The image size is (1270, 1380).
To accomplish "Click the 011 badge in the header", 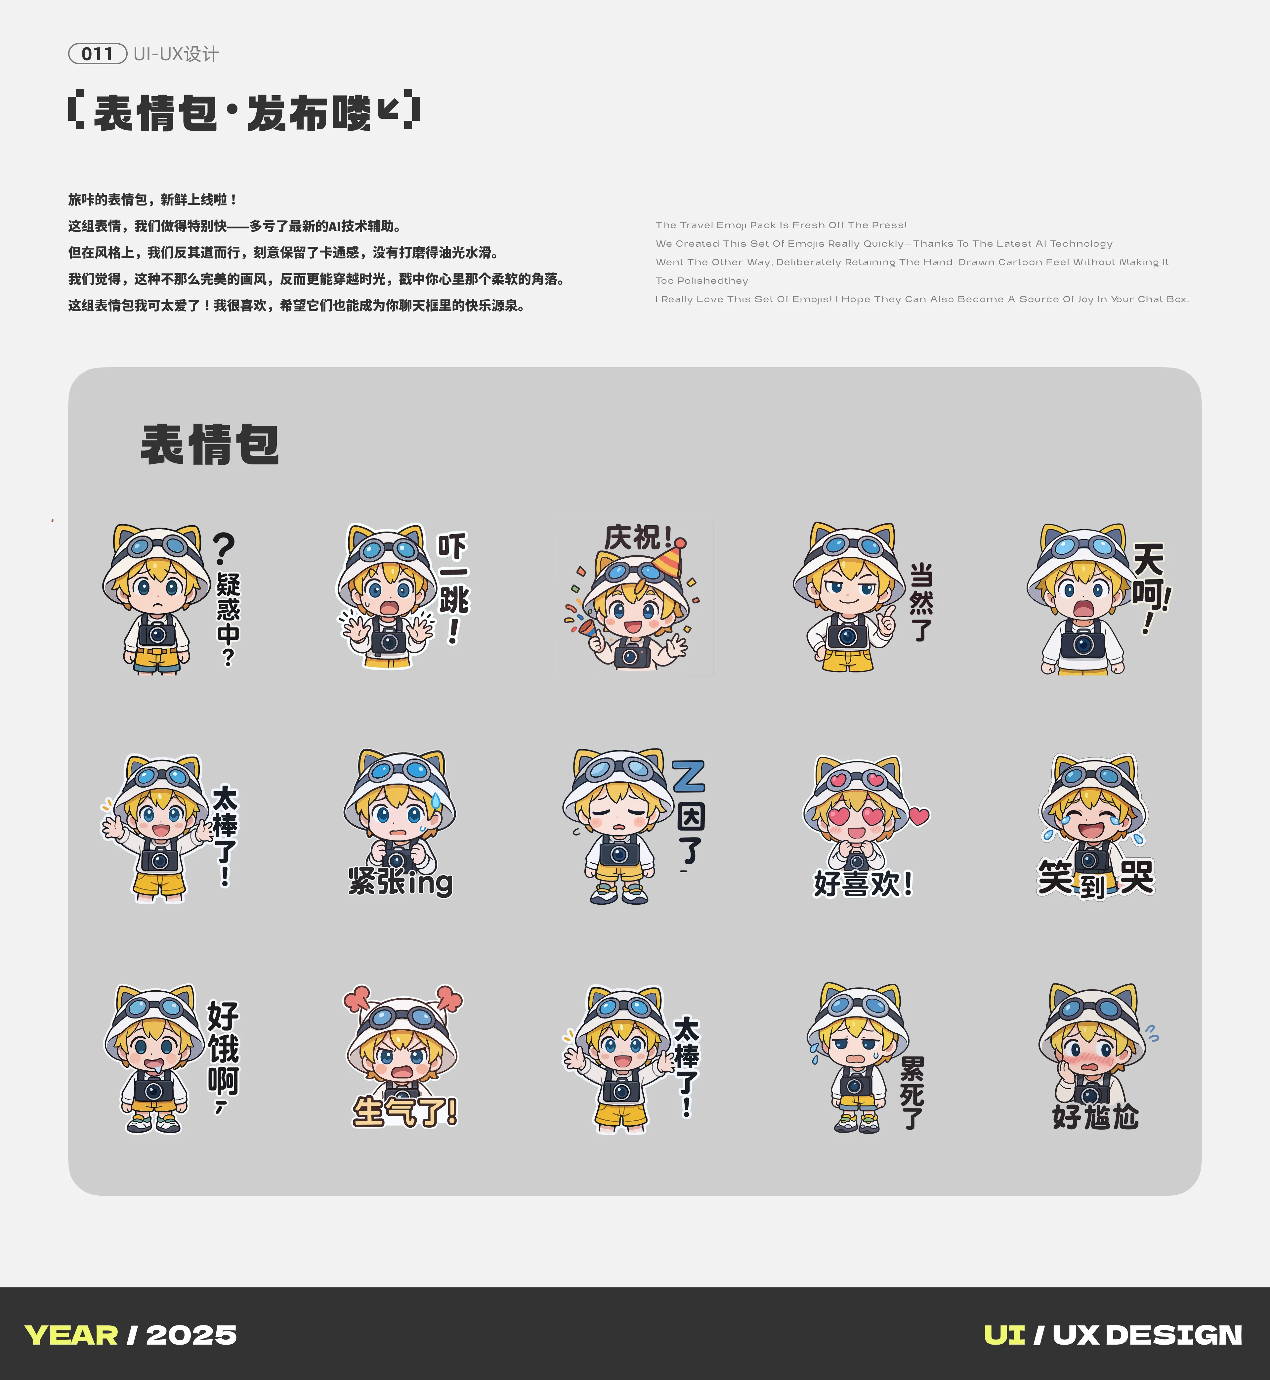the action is coord(98,54).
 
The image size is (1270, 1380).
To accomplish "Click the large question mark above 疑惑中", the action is coord(224,548).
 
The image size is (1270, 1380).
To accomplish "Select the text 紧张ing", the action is coord(401,882).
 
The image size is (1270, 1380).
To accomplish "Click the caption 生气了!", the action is coord(405,1111).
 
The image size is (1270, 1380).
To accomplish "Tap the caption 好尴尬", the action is coord(1095,1117).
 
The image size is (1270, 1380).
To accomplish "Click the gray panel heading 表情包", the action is coord(210,445).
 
